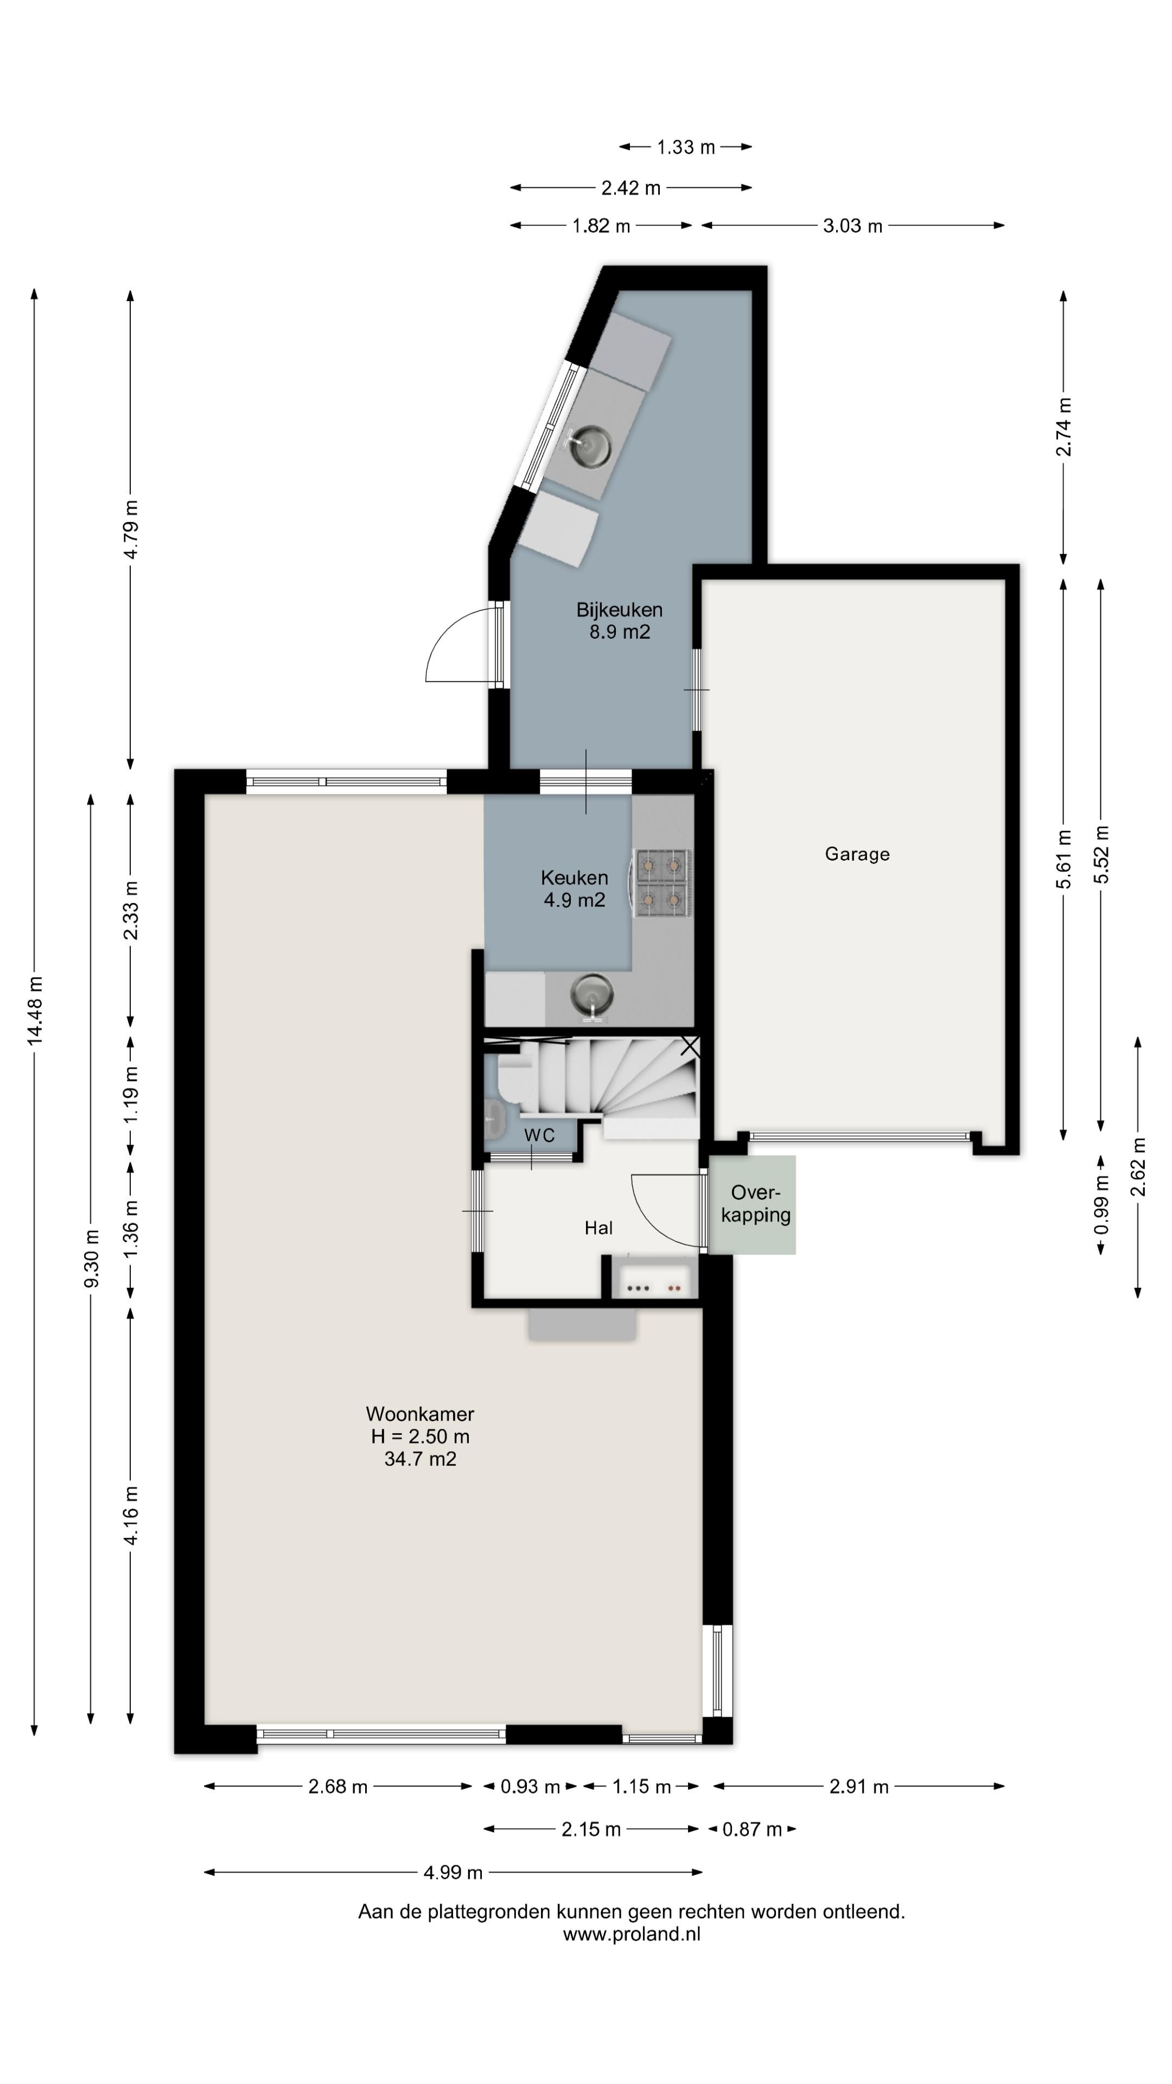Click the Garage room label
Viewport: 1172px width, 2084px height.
click(x=857, y=854)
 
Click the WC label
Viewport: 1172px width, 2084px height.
click(x=539, y=1135)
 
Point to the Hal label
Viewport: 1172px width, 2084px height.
click(x=598, y=1228)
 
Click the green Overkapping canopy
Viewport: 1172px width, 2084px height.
click(x=752, y=1205)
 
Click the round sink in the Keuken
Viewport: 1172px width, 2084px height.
click(x=591, y=994)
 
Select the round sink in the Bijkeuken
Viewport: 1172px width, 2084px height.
click(x=590, y=447)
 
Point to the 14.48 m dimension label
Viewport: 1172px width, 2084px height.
click(x=35, y=1011)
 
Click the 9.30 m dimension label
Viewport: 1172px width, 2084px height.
click(x=91, y=1259)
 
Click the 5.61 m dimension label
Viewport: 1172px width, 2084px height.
click(x=1063, y=859)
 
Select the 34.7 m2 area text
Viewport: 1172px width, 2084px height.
click(x=420, y=1459)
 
